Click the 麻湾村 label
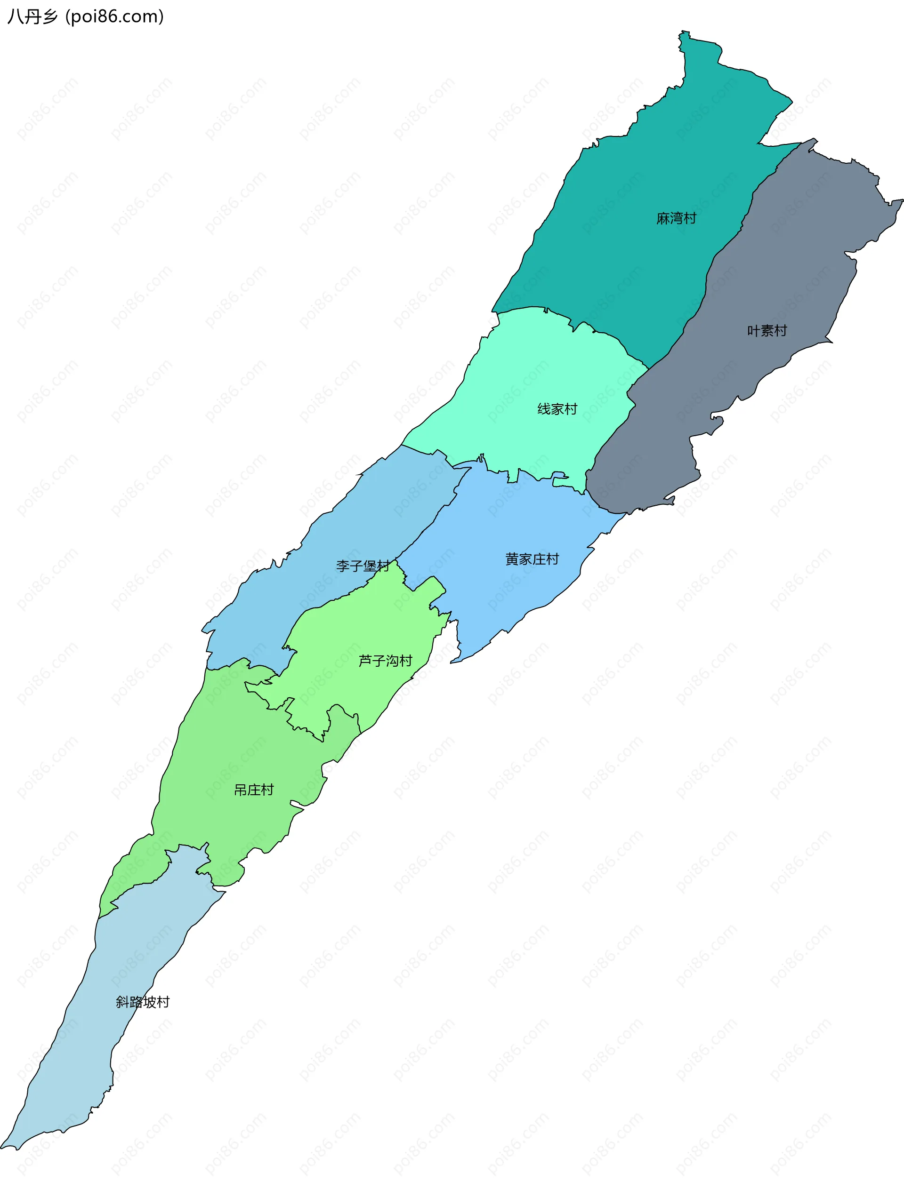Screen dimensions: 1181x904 (x=677, y=218)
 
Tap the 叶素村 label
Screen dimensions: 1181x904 (x=767, y=331)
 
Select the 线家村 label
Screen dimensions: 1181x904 (x=557, y=409)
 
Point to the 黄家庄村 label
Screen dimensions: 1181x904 (x=532, y=559)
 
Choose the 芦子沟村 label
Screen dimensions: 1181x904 (x=385, y=661)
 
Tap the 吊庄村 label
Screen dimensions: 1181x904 (x=254, y=790)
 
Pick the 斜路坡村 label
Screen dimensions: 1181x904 (x=143, y=1002)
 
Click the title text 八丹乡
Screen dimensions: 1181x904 (x=32, y=16)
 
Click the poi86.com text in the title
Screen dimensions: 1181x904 (x=114, y=16)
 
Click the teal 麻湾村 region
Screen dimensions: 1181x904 (x=646, y=161)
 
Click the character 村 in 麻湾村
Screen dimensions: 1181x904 (x=690, y=218)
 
